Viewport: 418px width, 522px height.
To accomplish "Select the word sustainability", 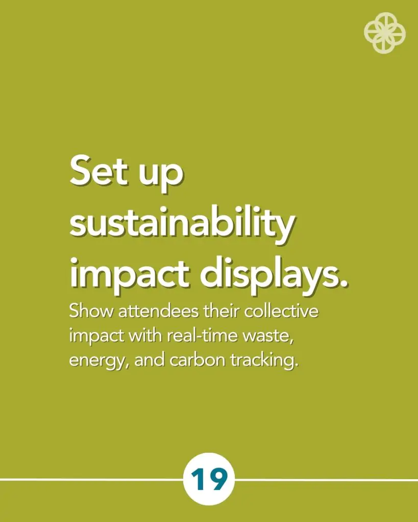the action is (x=182, y=223).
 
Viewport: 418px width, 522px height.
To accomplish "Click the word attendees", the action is (x=159, y=311).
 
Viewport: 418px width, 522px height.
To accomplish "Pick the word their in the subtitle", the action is (x=222, y=311).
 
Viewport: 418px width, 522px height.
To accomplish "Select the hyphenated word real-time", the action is (x=202, y=335).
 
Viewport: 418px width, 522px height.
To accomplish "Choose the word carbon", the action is (x=198, y=360).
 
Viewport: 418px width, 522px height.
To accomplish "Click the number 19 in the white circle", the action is (x=209, y=479).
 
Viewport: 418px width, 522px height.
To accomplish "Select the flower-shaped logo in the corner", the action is (x=385, y=33).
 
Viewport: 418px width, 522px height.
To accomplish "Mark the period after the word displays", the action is (x=343, y=284).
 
